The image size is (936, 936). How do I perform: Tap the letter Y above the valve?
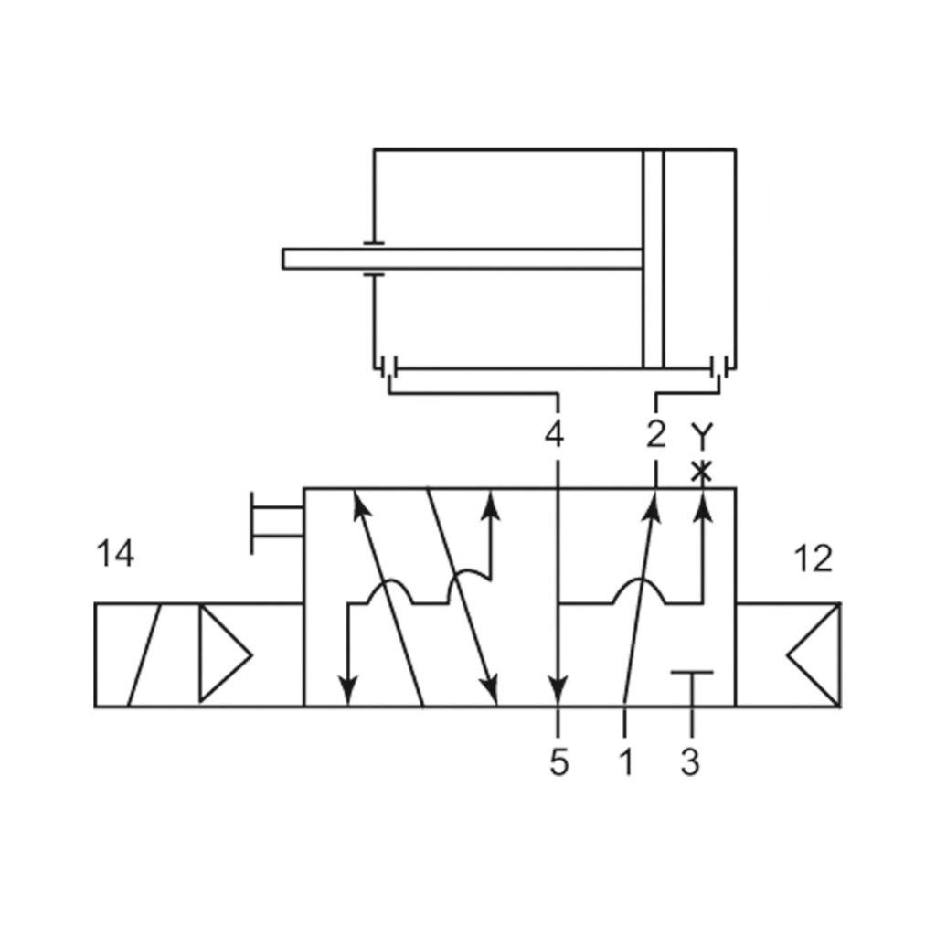(x=701, y=436)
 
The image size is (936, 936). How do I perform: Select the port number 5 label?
(x=559, y=761)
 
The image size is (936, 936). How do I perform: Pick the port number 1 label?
(x=625, y=761)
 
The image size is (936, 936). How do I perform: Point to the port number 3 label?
(x=691, y=761)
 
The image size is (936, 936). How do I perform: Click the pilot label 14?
(x=115, y=554)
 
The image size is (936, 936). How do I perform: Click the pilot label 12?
(x=813, y=558)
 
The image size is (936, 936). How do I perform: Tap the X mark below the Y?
(x=701, y=473)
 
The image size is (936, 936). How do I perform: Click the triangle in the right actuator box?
(x=814, y=654)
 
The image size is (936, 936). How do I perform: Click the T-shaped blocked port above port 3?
(x=691, y=675)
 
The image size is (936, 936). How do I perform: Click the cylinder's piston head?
(x=654, y=259)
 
